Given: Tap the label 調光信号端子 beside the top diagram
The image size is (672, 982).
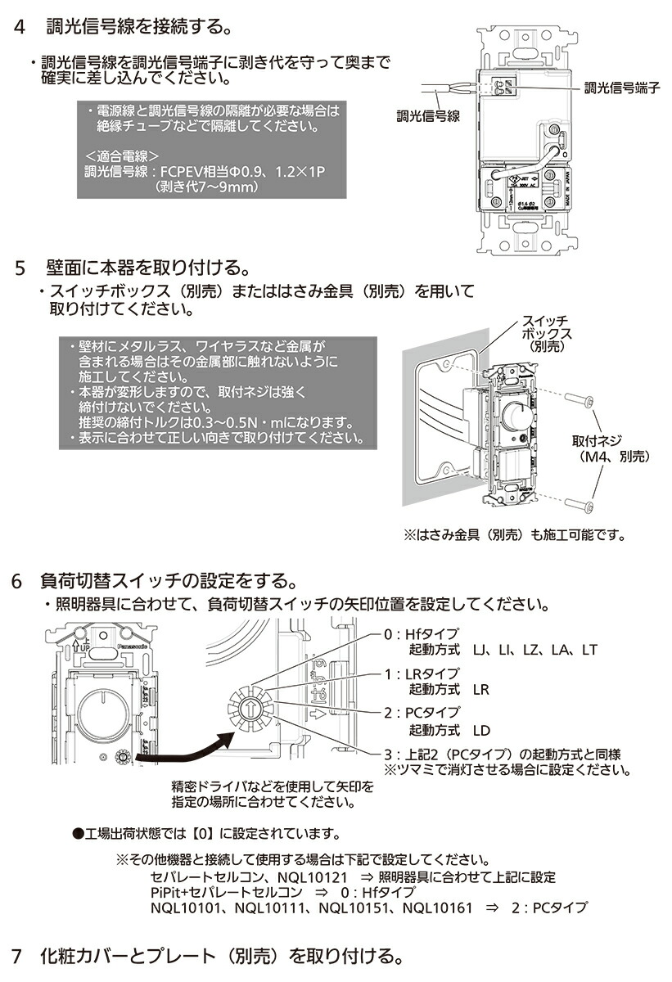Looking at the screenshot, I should [x=621, y=88].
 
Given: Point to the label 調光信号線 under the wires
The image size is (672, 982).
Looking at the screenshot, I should [x=427, y=116].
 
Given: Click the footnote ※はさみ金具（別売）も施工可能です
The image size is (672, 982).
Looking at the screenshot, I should [x=514, y=537].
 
